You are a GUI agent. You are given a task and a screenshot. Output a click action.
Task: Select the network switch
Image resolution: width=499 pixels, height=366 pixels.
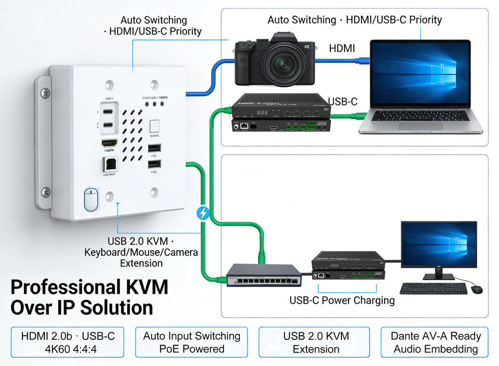(x=264, y=274)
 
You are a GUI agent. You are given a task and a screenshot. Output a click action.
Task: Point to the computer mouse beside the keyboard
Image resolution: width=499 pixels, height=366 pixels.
(x=477, y=289)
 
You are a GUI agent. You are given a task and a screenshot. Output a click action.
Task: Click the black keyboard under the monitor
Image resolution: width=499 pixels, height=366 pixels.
(x=433, y=288)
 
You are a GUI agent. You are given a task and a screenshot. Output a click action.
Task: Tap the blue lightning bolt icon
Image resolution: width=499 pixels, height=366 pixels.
(x=203, y=213)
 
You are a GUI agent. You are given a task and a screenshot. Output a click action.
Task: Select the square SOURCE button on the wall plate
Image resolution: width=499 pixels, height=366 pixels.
(x=154, y=126)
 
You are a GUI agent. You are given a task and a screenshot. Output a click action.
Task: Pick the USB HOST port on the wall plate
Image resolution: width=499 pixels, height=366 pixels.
(x=110, y=165)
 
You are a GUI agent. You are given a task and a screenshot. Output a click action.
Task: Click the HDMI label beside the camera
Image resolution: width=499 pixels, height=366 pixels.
(x=342, y=49)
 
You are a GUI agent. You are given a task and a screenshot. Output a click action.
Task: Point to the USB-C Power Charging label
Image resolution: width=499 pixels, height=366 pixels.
(x=342, y=300)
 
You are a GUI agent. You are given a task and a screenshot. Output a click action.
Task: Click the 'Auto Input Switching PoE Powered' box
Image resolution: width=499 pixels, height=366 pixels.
(x=191, y=342)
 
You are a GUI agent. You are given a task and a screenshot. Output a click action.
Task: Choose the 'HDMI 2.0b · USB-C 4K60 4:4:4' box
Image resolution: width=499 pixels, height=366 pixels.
(x=68, y=342)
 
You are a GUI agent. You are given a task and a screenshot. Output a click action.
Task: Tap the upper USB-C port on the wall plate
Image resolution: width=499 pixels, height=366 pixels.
(x=109, y=111)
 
